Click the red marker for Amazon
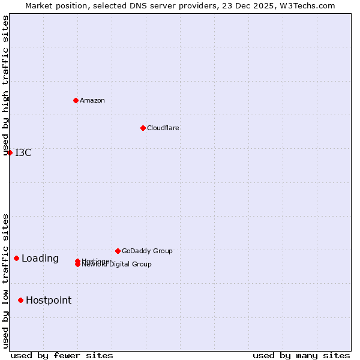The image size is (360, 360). click(76, 100)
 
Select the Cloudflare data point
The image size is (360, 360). click(143, 128)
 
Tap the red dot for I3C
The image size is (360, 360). click(10, 152)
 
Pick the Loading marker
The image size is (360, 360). click(16, 259)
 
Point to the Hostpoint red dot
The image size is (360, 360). click(20, 300)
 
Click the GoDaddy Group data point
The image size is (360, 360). click(118, 251)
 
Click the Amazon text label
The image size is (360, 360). click(92, 100)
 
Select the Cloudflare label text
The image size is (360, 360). click(163, 128)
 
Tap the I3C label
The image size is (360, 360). click(23, 152)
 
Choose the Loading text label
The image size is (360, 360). click(40, 259)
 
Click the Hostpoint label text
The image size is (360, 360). click(49, 300)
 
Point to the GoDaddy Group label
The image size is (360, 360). click(147, 251)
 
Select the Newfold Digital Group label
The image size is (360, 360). click(117, 265)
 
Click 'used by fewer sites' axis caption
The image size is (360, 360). click(62, 355)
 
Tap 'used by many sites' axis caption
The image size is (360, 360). click(301, 355)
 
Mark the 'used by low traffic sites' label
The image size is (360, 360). click(6, 281)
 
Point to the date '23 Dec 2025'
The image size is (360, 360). click(254, 5)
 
